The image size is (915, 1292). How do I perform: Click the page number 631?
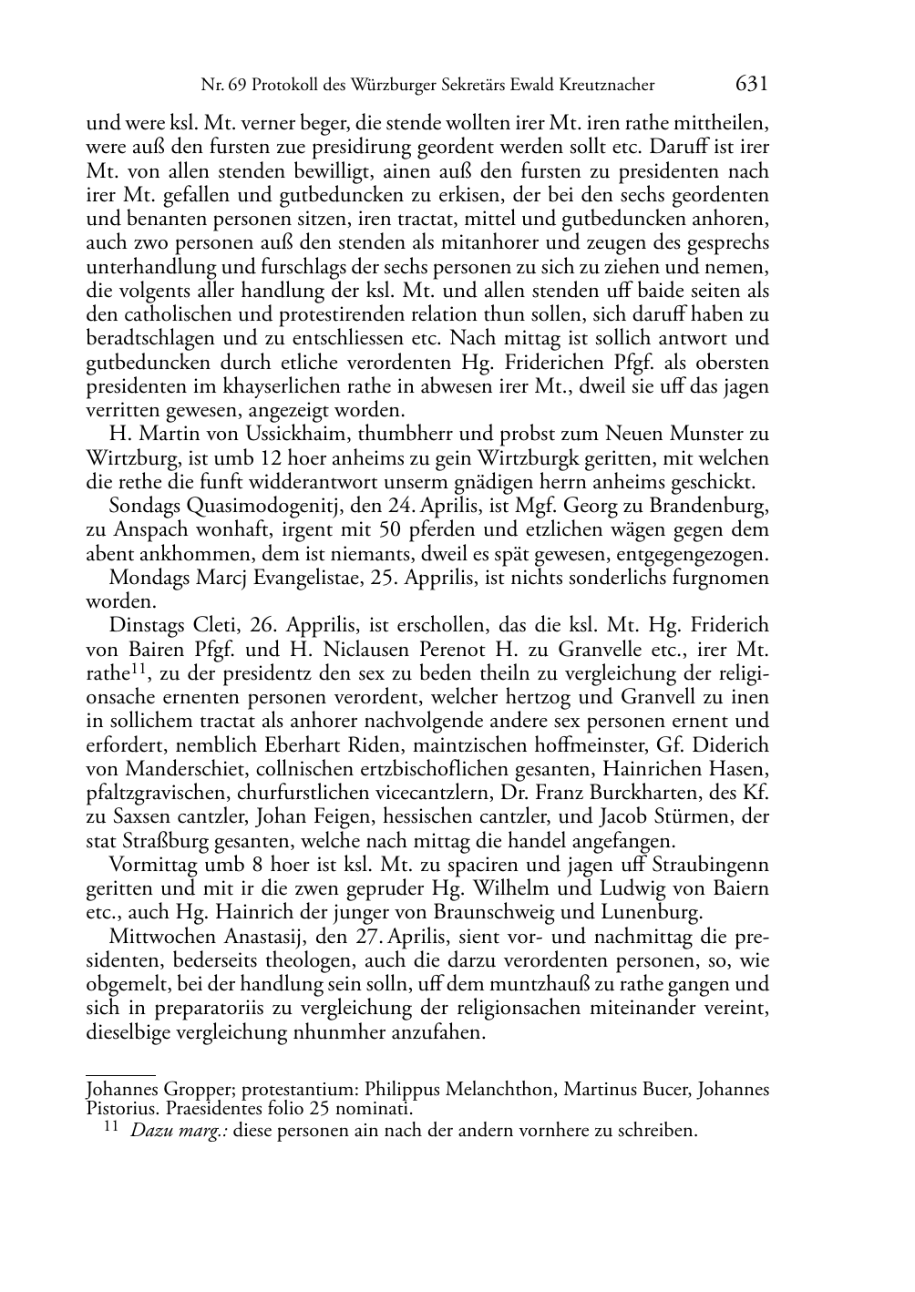point(751,84)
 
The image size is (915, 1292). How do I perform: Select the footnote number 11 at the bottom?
point(111,1128)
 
